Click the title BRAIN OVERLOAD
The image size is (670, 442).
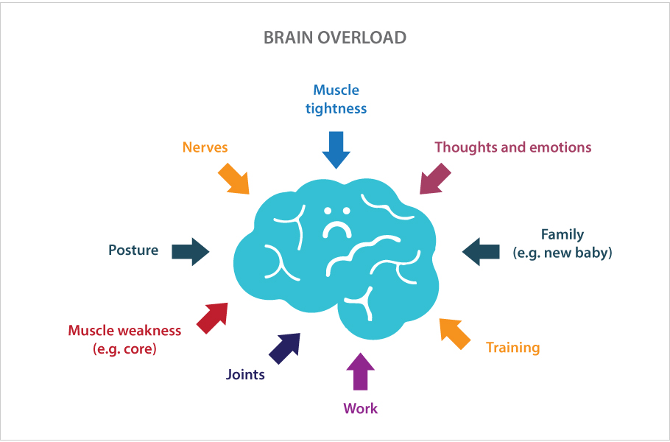pyautogui.click(x=335, y=38)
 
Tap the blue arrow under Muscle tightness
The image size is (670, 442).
pyautogui.click(x=336, y=150)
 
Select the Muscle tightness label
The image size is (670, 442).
pyautogui.click(x=336, y=99)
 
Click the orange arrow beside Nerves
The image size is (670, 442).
pyautogui.click(x=234, y=178)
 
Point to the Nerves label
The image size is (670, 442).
pyautogui.click(x=205, y=147)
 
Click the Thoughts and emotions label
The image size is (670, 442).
pyautogui.click(x=512, y=147)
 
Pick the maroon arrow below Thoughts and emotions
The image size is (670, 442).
pyautogui.click(x=436, y=179)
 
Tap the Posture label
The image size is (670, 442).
pyautogui.click(x=133, y=250)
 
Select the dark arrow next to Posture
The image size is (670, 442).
pyautogui.click(x=191, y=251)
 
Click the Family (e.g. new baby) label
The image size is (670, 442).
pyautogui.click(x=563, y=244)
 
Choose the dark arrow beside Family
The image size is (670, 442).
pyautogui.click(x=482, y=251)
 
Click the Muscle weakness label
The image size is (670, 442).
pyautogui.click(x=124, y=340)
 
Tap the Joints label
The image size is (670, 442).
pyautogui.click(x=245, y=374)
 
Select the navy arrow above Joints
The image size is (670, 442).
pyautogui.click(x=285, y=347)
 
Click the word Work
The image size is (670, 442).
pyautogui.click(x=361, y=408)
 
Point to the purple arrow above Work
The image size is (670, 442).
pyautogui.click(x=361, y=371)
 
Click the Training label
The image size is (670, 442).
pyautogui.click(x=513, y=348)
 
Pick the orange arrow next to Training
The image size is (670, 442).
pyautogui.click(x=455, y=332)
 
